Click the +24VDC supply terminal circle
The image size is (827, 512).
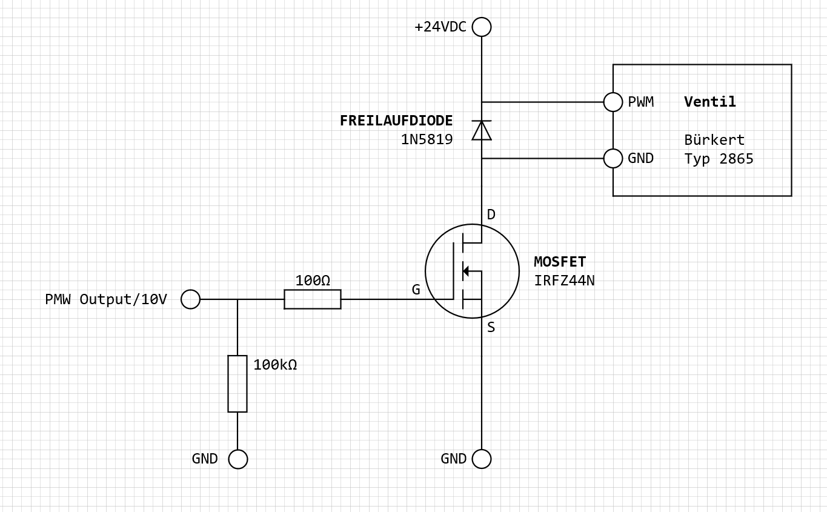coord(482,27)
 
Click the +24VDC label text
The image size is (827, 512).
coord(440,27)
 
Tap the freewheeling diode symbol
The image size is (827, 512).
coord(482,130)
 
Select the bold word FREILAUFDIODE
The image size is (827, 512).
coord(396,121)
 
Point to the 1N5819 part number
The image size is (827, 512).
coord(427,139)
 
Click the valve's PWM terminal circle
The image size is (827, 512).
coord(613,102)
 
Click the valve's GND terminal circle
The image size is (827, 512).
coord(613,158)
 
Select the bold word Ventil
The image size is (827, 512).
coord(710,102)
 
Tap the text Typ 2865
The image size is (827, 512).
coord(719,159)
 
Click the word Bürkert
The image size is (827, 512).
coord(714,140)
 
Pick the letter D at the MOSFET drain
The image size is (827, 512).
coord(491,214)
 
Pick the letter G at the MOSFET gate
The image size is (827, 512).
coord(416,290)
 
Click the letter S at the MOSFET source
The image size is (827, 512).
coord(491,328)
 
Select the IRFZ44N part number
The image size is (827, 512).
coord(564,281)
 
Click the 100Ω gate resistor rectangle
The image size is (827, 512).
coord(313,299)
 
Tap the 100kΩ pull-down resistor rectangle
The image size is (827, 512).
coord(237,384)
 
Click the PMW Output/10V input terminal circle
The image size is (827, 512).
coord(191,299)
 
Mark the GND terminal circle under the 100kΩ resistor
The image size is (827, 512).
coord(238,459)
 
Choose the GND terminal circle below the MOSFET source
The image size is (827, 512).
coord(482,459)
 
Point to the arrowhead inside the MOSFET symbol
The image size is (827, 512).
coord(466,271)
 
